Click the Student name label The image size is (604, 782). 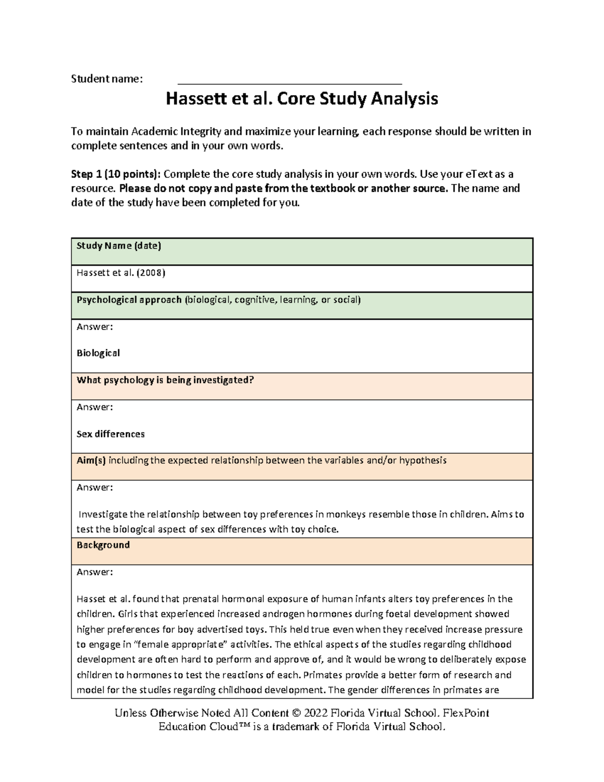coord(107,79)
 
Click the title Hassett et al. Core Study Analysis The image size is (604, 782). coord(302,99)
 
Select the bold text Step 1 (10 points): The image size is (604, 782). coord(116,174)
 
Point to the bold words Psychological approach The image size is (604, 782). coord(129,300)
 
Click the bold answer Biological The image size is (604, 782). coord(98,353)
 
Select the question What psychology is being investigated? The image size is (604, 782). coord(165,380)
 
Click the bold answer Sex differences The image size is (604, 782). coord(110,434)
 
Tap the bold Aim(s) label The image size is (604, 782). coord(91,460)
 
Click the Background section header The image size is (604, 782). coord(103,545)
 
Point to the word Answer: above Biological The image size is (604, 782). coord(95,327)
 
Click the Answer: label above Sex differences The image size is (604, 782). coord(95,407)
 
